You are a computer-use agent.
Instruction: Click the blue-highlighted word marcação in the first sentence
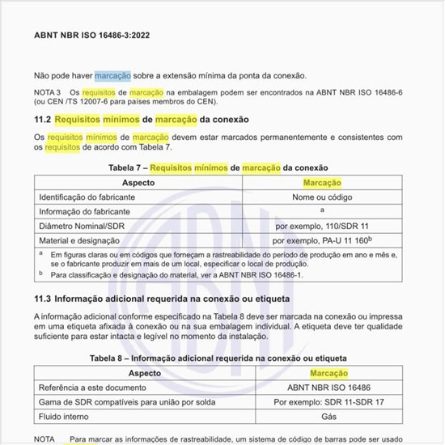[x=112, y=75]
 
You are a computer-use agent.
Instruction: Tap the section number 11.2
[x=43, y=119]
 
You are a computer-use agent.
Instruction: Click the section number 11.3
[x=43, y=299]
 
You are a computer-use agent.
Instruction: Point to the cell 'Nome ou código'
[x=321, y=197]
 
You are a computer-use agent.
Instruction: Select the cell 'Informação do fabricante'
[x=85, y=211]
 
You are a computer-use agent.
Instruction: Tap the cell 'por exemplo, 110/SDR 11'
[x=321, y=226]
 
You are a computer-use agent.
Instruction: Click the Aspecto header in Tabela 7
[x=138, y=183]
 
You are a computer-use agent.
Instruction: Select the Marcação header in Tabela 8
[x=328, y=373]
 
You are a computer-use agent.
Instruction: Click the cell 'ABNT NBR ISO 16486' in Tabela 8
[x=328, y=388]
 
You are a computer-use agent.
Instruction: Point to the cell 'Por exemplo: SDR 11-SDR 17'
[x=328, y=402]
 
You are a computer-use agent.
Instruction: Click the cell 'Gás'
[x=328, y=417]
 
